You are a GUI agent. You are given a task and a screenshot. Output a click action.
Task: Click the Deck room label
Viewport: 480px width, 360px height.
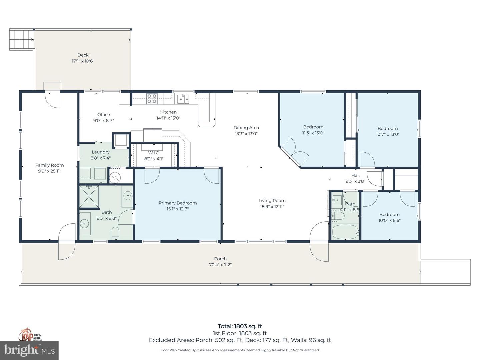83,55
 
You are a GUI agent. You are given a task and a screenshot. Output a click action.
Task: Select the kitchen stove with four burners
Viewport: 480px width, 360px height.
152,99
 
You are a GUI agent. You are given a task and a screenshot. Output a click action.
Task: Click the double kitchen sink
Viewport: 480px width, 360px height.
183,99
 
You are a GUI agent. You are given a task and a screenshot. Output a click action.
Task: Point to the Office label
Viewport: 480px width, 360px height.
103,115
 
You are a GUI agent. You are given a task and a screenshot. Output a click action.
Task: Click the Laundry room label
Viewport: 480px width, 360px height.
100,152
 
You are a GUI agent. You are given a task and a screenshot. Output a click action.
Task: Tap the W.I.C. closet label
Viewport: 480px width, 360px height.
154,153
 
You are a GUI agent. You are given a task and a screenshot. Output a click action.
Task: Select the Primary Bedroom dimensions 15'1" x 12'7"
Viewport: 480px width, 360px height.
177,209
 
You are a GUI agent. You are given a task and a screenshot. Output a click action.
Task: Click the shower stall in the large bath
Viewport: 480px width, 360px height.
89,197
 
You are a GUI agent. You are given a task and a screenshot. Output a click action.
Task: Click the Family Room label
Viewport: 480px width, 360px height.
49,165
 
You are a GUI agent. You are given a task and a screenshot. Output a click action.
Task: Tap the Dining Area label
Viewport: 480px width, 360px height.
246,128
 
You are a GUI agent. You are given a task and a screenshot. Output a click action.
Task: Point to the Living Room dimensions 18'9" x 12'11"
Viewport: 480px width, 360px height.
272,207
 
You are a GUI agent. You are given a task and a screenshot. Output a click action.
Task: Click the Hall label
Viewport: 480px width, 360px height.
355,176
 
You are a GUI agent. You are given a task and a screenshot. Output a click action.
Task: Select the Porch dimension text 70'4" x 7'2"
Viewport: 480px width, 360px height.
220,265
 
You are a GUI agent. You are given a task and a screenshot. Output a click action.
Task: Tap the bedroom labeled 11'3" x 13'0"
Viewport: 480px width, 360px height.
313,130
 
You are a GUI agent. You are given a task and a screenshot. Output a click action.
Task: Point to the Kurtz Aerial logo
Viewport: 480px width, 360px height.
30,335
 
